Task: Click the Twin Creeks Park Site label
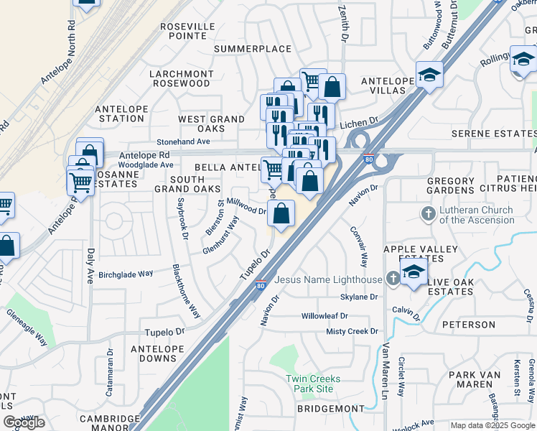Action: coord(313,384)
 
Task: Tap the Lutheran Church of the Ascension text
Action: coord(477,215)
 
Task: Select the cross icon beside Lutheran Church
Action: coord(428,213)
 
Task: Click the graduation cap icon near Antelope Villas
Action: coord(429,75)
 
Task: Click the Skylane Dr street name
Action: coord(359,297)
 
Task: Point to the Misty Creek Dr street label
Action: coord(352,331)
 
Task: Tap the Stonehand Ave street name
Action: coord(185,142)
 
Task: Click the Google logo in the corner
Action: coord(24,422)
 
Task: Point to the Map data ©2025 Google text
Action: coord(492,425)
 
